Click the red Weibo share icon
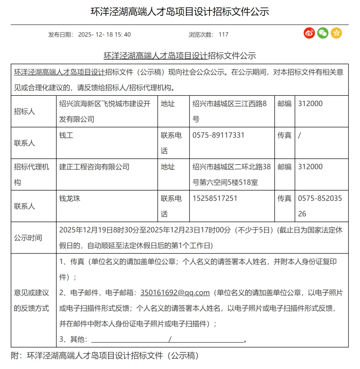pos(309,33)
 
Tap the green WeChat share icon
pos(323,33)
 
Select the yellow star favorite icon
pos(336,33)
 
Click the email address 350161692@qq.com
pos(175,293)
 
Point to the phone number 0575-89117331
pos(218,135)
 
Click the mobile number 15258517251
pos(215,199)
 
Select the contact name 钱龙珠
pos(70,199)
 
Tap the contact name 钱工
pos(66,135)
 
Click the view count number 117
pos(223,34)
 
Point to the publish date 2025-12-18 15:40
pos(104,34)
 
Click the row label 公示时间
pos(28,238)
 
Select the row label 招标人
pos(24,111)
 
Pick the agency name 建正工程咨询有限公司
pos(94,167)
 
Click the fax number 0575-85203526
pos(320,206)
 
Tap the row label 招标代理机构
pos(31,174)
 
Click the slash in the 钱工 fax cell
pos(300,135)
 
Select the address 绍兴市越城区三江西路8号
pos(230,111)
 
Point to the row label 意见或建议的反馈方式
pos(31,301)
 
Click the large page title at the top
pos(180,12)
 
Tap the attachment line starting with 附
pos(105,356)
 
